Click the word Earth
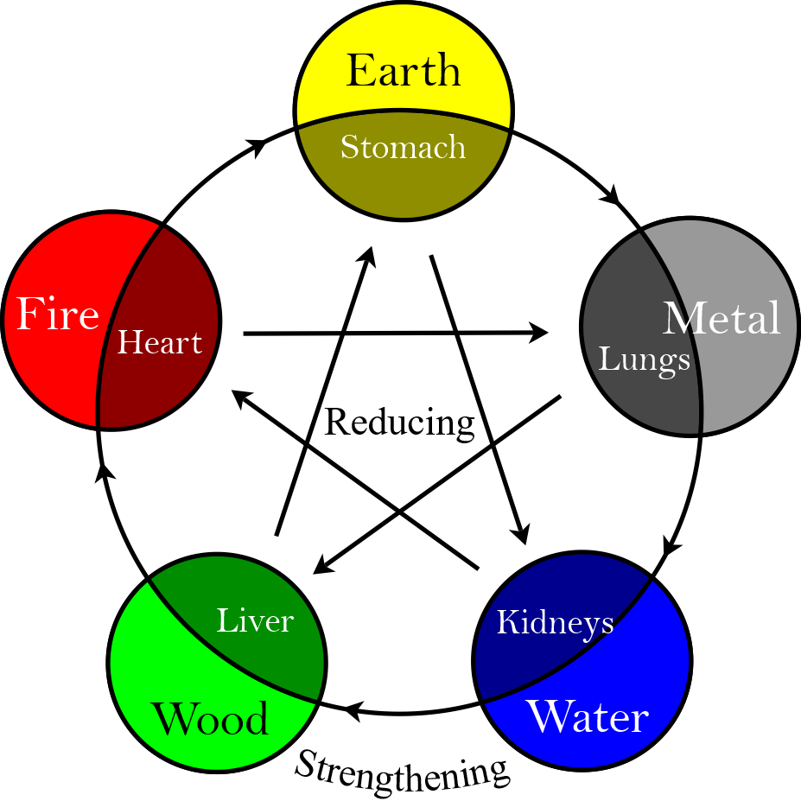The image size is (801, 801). coord(403,70)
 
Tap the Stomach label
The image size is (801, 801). coord(403,147)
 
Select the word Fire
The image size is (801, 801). coord(58,315)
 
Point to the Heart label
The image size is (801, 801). coord(160,343)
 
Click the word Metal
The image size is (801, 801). coord(722,319)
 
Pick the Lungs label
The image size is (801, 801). coord(644,359)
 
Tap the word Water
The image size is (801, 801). coord(588,717)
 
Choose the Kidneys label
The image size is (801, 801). coord(555,622)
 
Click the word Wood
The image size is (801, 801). coord(210,719)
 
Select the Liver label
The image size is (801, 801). coord(255,620)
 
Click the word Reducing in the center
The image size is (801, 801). coord(399,423)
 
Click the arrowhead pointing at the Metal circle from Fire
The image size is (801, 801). coord(540,332)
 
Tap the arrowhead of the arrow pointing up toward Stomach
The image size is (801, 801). coord(369,255)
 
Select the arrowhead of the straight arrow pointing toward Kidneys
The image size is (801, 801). coord(521,536)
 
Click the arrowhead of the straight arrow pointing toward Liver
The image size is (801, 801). coord(321,566)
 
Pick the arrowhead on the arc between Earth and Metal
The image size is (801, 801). coord(615,197)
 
